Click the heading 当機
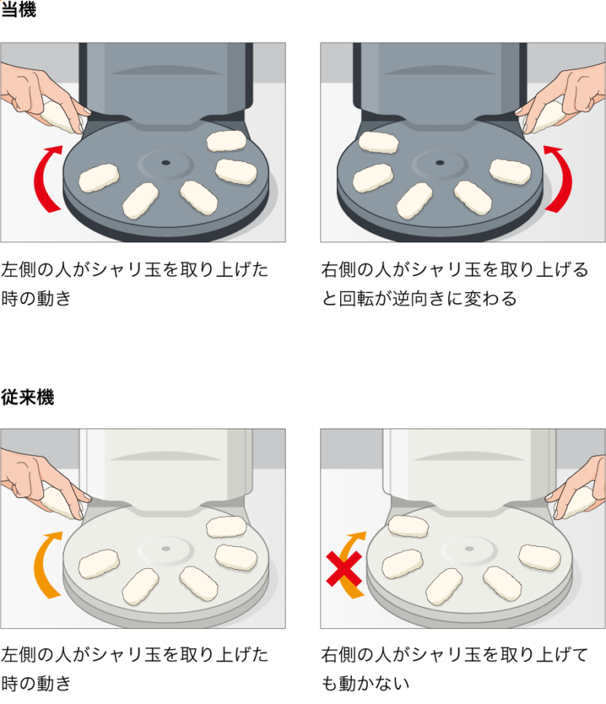pos(18,9)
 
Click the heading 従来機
pos(28,397)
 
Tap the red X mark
pos(344,569)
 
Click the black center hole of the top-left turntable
pos(166,163)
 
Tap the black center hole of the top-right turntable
pos(440,163)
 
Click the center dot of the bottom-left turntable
pos(166,549)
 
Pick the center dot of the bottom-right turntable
pos(469,549)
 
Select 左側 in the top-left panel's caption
pos(18,269)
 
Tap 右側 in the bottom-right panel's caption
pos(339,654)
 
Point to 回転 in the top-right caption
pos(357,298)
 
